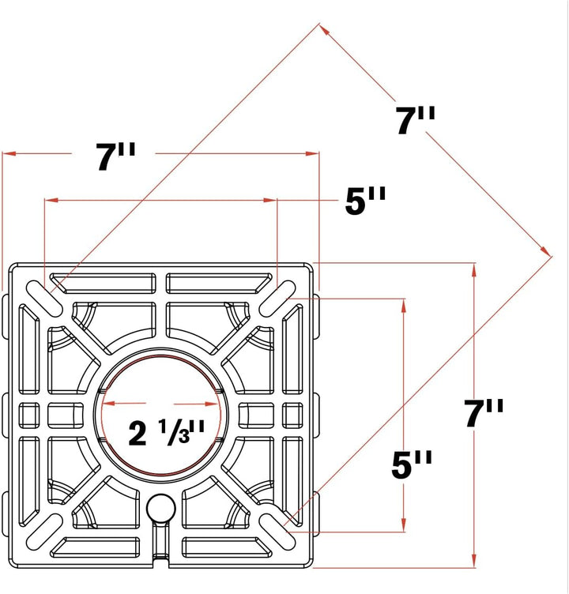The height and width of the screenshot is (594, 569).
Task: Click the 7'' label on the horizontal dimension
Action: click(x=115, y=156)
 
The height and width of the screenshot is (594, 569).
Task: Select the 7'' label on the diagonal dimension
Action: click(x=416, y=121)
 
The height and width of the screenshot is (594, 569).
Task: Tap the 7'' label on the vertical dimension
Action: click(x=484, y=413)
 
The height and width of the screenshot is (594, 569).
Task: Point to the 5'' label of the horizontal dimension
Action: click(x=365, y=201)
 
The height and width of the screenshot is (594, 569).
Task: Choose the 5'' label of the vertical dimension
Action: click(x=412, y=464)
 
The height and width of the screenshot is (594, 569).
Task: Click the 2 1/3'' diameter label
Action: click(x=167, y=432)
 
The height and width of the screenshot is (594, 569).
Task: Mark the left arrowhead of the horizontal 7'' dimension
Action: click(x=9, y=153)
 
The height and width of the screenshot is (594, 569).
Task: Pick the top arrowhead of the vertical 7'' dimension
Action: click(x=474, y=271)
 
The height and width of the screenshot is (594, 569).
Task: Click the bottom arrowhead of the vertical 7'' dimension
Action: click(x=474, y=560)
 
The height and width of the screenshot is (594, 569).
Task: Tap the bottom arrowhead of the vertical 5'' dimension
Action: click(x=403, y=524)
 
